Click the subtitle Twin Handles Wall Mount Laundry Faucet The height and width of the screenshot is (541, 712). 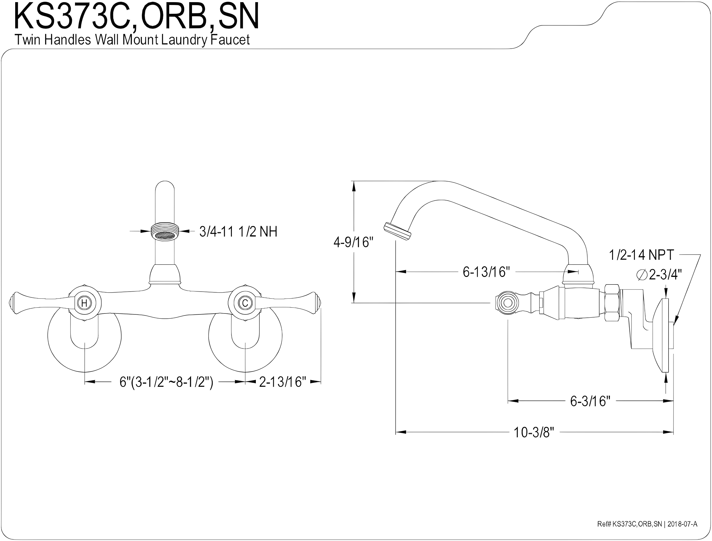point(132,40)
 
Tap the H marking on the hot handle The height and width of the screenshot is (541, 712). point(84,303)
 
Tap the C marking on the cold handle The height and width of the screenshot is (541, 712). point(245,303)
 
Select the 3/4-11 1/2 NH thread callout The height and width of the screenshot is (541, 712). point(238,232)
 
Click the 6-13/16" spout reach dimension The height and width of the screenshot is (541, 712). point(486,272)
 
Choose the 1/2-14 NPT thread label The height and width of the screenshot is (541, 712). point(641,255)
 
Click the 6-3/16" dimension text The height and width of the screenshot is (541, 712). point(590,401)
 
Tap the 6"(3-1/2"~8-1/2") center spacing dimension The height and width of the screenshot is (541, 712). point(166,382)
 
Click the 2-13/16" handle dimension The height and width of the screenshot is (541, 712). point(282,382)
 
